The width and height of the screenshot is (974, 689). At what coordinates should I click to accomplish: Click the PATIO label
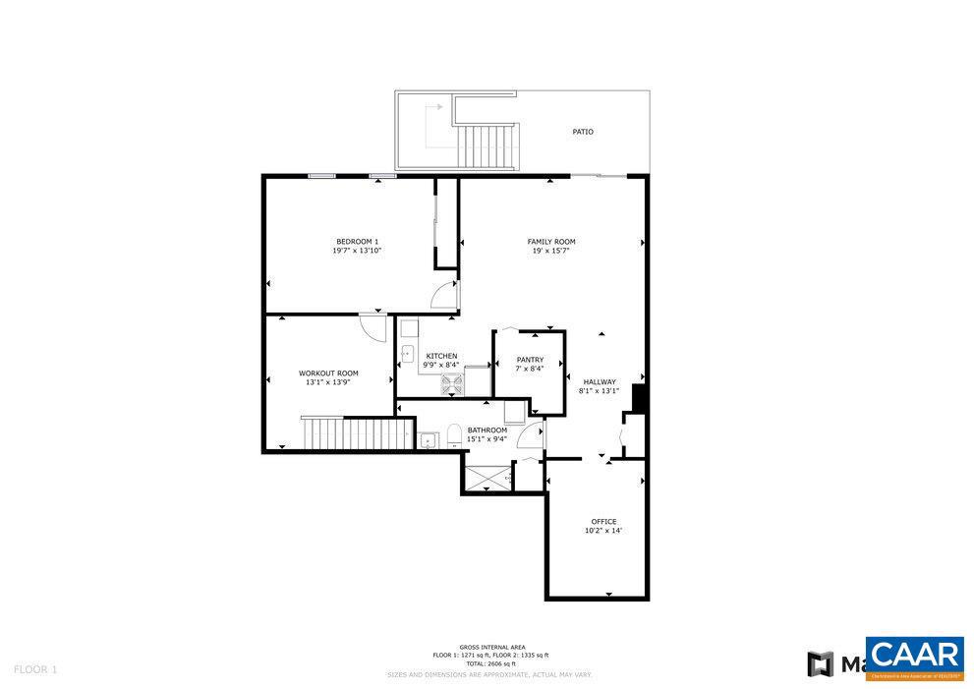[583, 132]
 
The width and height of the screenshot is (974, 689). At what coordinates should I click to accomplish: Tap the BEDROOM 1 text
[357, 242]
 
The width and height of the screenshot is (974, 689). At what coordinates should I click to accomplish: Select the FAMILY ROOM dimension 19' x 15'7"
[551, 251]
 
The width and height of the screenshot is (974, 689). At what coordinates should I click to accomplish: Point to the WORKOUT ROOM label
[328, 373]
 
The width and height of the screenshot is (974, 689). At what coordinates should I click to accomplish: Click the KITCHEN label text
[441, 356]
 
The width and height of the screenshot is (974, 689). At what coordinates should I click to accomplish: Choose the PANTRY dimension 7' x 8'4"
[530, 369]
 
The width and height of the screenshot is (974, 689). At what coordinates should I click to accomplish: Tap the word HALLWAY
[600, 382]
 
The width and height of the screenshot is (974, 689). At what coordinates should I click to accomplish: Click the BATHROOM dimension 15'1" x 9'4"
[487, 439]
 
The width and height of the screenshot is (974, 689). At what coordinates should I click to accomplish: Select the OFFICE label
[603, 521]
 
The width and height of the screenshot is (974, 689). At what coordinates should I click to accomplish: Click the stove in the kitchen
[452, 383]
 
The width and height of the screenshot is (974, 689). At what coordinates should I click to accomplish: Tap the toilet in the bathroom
[454, 434]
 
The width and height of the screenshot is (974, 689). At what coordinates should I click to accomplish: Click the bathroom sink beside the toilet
[428, 439]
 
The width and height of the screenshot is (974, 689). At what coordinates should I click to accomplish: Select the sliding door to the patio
[598, 176]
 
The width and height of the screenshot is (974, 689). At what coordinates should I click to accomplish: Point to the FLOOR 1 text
[35, 669]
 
